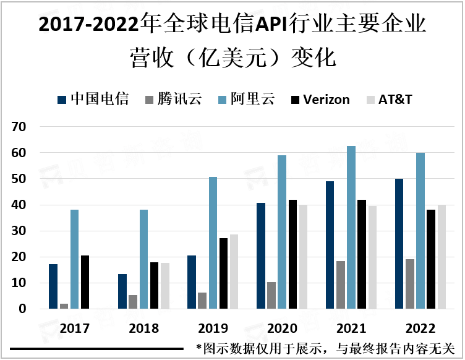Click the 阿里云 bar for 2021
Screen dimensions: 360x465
[x=351, y=227]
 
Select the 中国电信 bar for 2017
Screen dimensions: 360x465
[x=53, y=286]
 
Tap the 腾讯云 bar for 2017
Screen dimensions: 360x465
[x=64, y=306]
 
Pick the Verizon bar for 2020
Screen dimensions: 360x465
[x=292, y=254]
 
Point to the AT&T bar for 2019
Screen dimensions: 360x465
[x=234, y=272]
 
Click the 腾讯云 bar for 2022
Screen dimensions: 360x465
[x=410, y=284]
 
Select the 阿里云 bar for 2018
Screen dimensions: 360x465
[x=143, y=259]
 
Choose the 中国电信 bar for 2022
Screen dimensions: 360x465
[x=399, y=244]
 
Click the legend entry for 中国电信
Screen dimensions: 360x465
[x=93, y=100]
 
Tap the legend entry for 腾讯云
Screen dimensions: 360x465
[x=173, y=100]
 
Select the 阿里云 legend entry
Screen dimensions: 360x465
[x=247, y=100]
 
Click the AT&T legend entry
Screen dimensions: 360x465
[x=390, y=100]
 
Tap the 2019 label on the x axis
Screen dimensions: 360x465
[x=213, y=327]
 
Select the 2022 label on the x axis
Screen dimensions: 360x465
[x=420, y=327]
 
